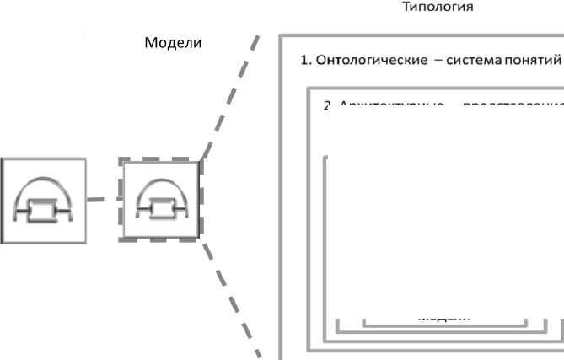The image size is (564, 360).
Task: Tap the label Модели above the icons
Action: tap(174, 43)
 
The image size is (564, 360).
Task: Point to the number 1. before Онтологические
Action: tap(307, 62)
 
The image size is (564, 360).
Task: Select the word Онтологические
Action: tap(368, 62)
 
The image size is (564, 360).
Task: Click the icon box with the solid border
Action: tap(43, 200)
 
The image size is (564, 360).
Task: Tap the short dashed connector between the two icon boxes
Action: tap(105, 200)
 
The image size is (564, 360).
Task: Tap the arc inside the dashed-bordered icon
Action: tap(161, 185)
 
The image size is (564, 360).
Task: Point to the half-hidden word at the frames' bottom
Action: tap(444, 318)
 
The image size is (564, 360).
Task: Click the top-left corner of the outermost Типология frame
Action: tap(281, 37)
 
